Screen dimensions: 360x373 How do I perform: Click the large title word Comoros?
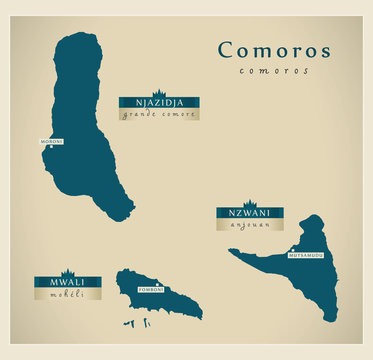tap(274, 50)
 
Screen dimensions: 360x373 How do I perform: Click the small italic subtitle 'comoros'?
tap(274, 70)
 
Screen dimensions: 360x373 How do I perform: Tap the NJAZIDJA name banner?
tap(158, 102)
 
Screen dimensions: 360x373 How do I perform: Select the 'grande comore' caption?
tap(158, 114)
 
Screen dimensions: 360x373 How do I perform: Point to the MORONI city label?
tap(52, 141)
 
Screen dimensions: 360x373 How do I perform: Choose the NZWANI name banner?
tap(249, 213)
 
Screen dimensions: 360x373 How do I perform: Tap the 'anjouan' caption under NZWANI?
tap(249, 225)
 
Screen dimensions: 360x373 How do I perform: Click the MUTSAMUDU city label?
tap(306, 255)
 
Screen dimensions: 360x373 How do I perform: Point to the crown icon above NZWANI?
tap(249, 204)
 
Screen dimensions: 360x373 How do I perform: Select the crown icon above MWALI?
tap(67, 272)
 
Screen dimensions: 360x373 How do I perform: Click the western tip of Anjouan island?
tap(231, 251)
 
